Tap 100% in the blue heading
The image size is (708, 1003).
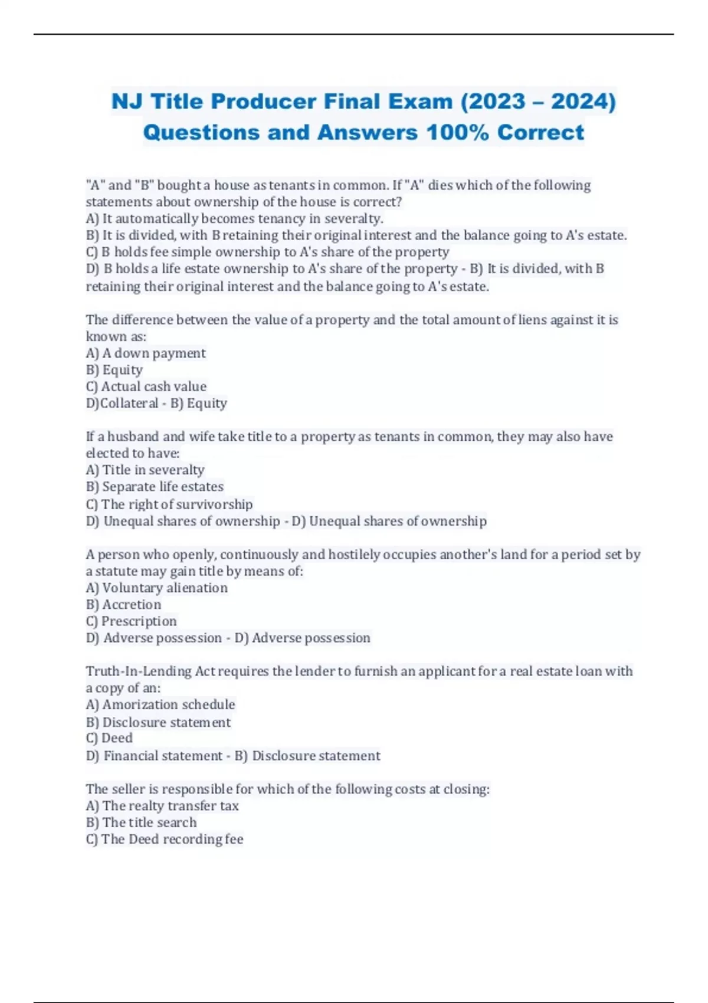click(x=457, y=133)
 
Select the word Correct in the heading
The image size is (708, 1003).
click(x=540, y=133)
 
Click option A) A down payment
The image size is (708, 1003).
click(x=146, y=353)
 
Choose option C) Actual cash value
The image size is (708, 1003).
click(x=146, y=387)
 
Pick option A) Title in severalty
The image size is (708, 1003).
click(x=145, y=470)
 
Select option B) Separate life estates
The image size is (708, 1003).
click(x=155, y=487)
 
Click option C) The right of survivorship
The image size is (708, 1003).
click(x=169, y=504)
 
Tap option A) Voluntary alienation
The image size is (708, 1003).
click(x=156, y=588)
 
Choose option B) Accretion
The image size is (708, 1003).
click(x=123, y=605)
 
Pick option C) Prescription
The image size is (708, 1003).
click(x=131, y=621)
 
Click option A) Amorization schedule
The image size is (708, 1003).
click(x=160, y=704)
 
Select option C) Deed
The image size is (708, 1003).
click(x=109, y=738)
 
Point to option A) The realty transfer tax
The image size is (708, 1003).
click(x=162, y=806)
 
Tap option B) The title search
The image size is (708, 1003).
click(x=141, y=822)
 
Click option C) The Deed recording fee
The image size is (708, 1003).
click(x=165, y=839)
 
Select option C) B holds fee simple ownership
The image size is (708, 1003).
click(x=267, y=253)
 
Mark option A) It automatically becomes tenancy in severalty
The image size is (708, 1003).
click(x=234, y=219)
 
